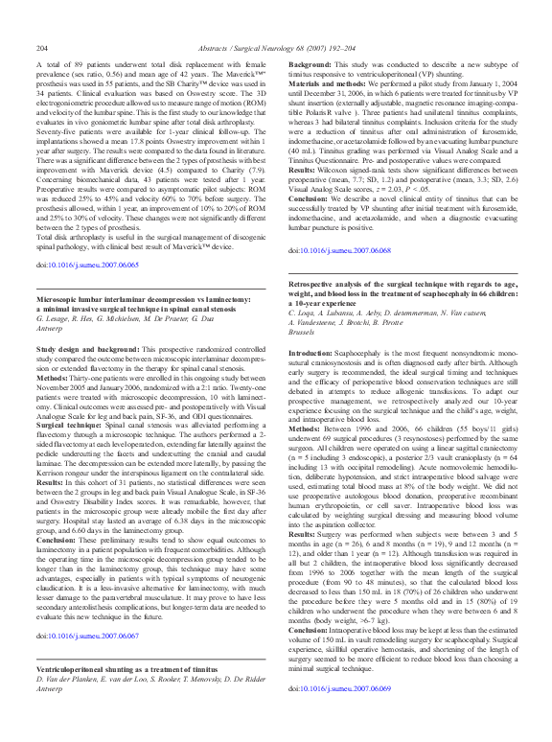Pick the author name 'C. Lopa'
305,314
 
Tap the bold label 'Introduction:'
312,354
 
